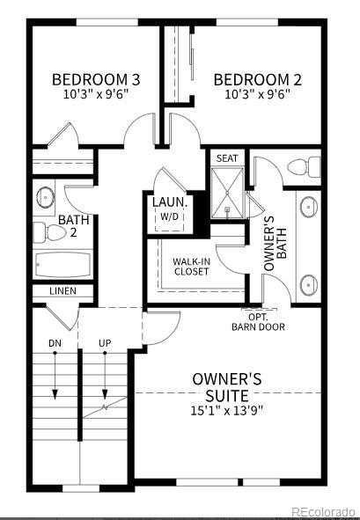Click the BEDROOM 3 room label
click(x=96, y=78)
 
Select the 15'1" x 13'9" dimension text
click(x=226, y=410)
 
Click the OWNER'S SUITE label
click(x=227, y=386)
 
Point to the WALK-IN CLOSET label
click(x=191, y=267)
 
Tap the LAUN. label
click(x=168, y=201)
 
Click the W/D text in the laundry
click(x=169, y=216)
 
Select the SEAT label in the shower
click(x=227, y=157)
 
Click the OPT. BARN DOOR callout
click(x=258, y=322)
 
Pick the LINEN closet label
click(x=62, y=291)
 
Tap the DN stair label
click(x=55, y=341)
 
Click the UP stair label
click(x=105, y=341)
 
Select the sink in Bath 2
click(x=44, y=194)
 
